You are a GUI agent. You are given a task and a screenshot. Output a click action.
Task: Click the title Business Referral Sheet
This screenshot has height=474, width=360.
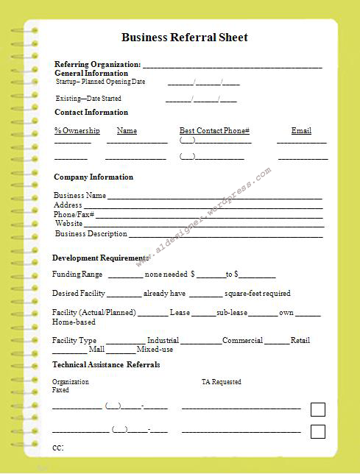[184, 38]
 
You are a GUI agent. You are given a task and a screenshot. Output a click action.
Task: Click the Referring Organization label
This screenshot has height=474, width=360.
[97, 65]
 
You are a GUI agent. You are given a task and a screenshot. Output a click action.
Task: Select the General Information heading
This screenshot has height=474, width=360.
[91, 74]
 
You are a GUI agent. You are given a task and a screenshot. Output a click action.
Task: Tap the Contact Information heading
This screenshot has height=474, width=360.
[91, 113]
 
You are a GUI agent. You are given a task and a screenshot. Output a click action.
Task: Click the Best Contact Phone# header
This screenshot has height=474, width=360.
[214, 131]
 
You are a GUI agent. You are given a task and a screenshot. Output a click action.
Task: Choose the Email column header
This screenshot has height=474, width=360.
[301, 131]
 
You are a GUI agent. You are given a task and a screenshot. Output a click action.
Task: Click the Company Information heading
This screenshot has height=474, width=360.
[93, 177]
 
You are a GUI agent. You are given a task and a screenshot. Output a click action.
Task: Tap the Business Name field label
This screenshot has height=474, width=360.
[80, 196]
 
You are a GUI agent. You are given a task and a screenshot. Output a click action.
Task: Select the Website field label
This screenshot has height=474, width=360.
[68, 224]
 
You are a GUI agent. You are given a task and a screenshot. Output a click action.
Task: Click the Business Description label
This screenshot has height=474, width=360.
[91, 234]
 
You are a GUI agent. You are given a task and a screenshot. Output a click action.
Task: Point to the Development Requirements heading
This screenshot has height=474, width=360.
[100, 258]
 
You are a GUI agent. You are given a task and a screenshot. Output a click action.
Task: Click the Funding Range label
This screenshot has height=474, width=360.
[77, 275]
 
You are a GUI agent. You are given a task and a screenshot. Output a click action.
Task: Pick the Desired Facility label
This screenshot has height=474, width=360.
[79, 294]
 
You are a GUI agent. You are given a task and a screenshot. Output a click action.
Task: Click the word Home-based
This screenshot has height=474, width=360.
[74, 322]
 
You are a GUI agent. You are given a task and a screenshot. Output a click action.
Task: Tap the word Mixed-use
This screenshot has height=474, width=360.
[155, 350]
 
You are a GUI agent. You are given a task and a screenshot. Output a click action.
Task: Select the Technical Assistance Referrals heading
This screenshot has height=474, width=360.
[106, 365]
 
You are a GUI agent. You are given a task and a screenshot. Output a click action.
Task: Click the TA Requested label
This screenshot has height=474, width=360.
[221, 382]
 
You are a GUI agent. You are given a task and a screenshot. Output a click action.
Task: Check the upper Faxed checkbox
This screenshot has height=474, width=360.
[317, 409]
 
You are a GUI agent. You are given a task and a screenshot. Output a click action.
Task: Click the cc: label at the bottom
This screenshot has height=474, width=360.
[58, 448]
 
